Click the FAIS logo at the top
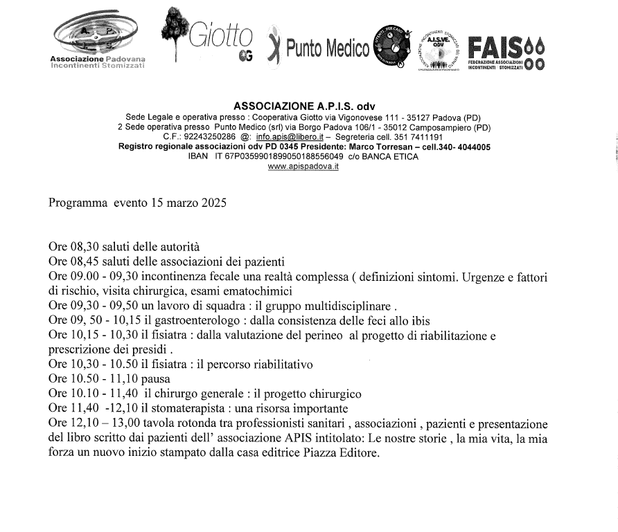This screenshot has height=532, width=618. click(506, 51)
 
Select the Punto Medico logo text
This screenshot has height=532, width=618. click(327, 48)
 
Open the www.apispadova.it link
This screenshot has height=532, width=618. click(303, 167)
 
